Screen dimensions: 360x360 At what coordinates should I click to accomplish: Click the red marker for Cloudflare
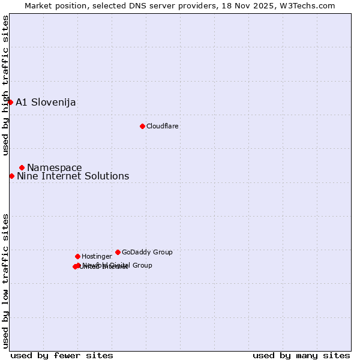pos(142,126)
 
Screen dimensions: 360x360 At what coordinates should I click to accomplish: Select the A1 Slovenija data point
pos(10,102)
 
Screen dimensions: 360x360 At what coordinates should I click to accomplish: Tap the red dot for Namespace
pos(22,167)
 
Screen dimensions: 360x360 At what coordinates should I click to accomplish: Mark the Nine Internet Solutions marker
pos(11,176)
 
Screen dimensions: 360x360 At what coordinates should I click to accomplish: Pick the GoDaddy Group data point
pos(118,252)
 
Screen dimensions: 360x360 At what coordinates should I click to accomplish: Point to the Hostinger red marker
pos(77,256)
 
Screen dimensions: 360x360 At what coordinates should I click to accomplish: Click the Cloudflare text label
pos(162,126)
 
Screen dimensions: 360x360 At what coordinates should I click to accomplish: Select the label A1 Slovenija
pos(46,102)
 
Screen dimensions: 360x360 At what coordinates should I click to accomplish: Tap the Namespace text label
pos(55,167)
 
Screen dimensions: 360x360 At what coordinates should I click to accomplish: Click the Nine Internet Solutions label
pos(73,176)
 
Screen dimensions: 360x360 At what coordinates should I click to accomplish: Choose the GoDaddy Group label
pos(147,252)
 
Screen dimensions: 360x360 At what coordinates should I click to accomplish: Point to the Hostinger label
pos(97,256)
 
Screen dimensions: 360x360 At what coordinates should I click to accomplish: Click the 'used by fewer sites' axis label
pos(62,355)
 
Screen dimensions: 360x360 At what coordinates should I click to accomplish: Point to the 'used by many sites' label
pos(301,355)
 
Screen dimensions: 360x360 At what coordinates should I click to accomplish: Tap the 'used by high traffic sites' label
pos(5,85)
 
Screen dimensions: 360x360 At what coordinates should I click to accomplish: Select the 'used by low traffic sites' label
pos(5,280)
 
